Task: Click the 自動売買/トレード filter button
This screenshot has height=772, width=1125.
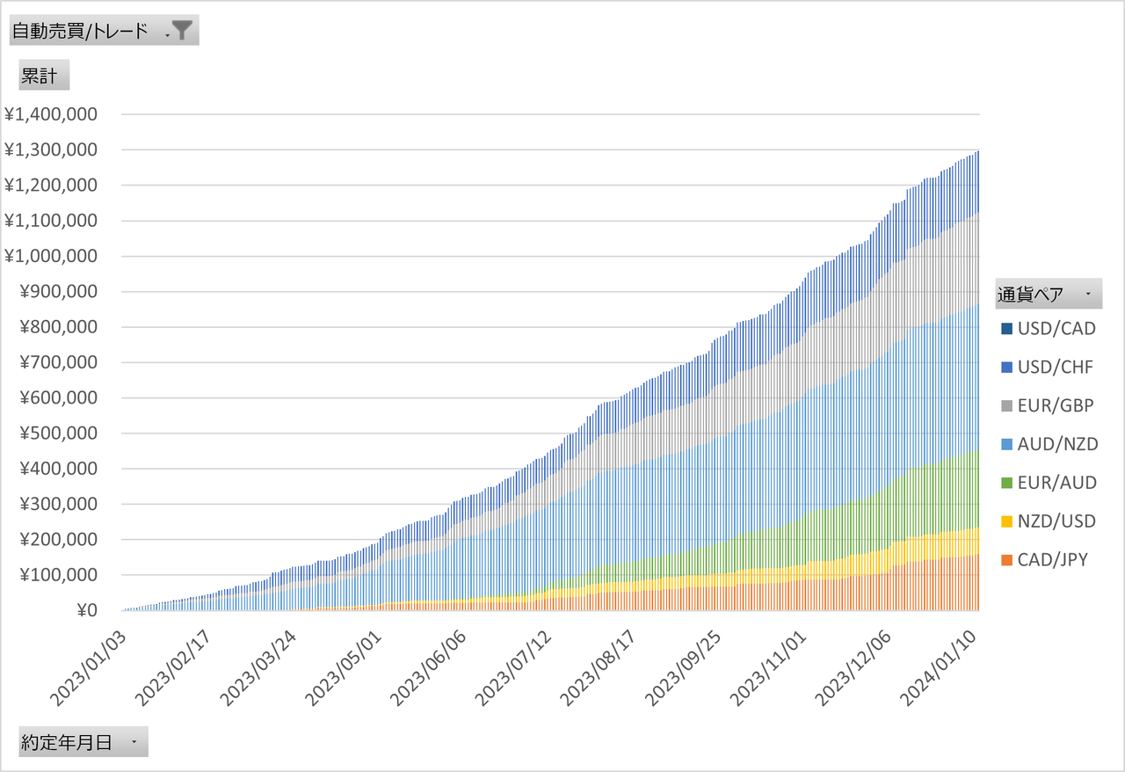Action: coord(104,30)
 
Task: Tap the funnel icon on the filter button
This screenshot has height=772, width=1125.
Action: coord(182,30)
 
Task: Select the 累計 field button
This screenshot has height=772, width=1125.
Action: coord(44,75)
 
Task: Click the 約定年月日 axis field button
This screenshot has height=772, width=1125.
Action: coord(83,741)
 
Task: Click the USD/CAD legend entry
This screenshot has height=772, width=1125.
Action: coord(1049,329)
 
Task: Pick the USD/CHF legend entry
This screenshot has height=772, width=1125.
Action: coord(1047,368)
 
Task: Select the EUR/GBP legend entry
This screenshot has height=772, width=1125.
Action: coord(1047,405)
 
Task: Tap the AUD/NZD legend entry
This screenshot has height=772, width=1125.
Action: coord(1049,444)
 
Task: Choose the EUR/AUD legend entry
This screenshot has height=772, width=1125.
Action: coord(1049,483)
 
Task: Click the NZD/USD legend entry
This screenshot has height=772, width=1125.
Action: coord(1049,521)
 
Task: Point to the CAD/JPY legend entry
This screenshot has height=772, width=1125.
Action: coord(1044,560)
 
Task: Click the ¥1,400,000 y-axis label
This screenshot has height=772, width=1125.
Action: coord(51,114)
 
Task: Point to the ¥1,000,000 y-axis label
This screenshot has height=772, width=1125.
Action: coord(51,257)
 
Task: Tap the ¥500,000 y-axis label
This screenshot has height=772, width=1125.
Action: coord(58,433)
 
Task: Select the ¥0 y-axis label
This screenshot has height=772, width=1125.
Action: coord(87,610)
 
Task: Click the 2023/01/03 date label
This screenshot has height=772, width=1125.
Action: coord(89,668)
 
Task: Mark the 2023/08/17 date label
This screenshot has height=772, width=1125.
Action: coord(599,668)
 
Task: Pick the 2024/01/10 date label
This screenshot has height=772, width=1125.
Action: coord(938,668)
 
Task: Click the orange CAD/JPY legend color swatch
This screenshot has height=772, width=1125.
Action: coord(1006,560)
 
